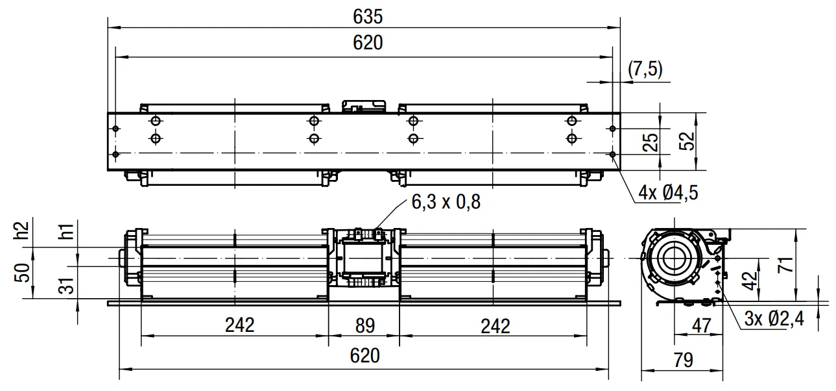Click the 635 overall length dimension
pos(368,17)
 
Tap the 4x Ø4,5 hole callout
pos(667,193)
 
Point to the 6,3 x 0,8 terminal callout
pos(446,202)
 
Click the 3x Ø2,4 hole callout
pos(774,319)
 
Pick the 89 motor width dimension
pos(364,325)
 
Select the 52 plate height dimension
pos(687,141)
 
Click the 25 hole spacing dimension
pos(651,142)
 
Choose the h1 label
pos(67,231)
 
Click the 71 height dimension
pos(785,264)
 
